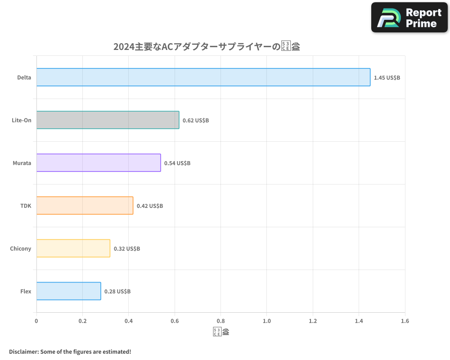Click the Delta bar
(x=203, y=77)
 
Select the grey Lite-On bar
(x=108, y=120)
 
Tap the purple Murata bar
(x=98, y=163)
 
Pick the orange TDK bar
(x=85, y=206)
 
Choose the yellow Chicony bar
(x=73, y=248)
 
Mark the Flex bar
(x=68, y=291)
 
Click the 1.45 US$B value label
(x=387, y=78)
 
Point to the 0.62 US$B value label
(x=196, y=121)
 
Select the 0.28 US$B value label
(x=117, y=292)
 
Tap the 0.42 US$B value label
(x=150, y=206)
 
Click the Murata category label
(x=22, y=163)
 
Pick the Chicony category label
(x=21, y=248)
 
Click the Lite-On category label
(x=22, y=120)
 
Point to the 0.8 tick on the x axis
(x=220, y=321)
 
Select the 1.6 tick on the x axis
(x=405, y=321)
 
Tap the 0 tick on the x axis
(x=36, y=321)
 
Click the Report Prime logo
(x=409, y=18)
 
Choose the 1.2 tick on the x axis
(x=313, y=321)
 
